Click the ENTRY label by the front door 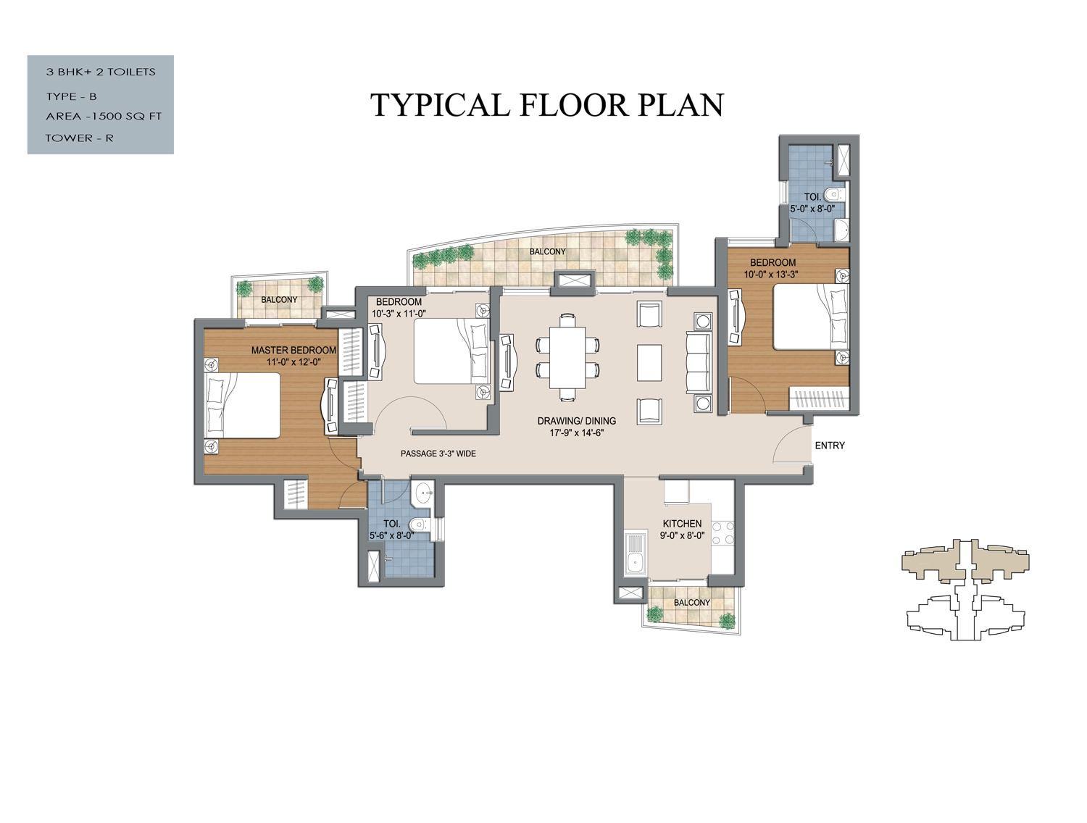(x=830, y=446)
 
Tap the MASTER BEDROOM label (x=293, y=351)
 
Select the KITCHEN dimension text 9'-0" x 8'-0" (x=682, y=535)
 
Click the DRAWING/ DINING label (x=576, y=421)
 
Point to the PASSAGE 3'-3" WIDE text (x=438, y=454)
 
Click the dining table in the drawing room (x=567, y=357)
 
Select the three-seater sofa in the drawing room (x=699, y=363)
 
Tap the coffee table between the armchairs (x=649, y=363)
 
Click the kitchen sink (x=634, y=553)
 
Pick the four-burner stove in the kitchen (x=722, y=533)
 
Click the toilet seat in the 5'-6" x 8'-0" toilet (x=420, y=524)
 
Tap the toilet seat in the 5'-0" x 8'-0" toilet (x=837, y=193)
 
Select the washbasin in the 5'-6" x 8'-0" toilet (x=423, y=493)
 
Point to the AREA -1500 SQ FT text (x=104, y=117)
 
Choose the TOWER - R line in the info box (x=79, y=138)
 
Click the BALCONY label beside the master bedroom (x=279, y=300)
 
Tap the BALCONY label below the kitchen (x=692, y=603)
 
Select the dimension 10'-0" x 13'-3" (x=770, y=275)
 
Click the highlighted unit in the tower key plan (x=965, y=561)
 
